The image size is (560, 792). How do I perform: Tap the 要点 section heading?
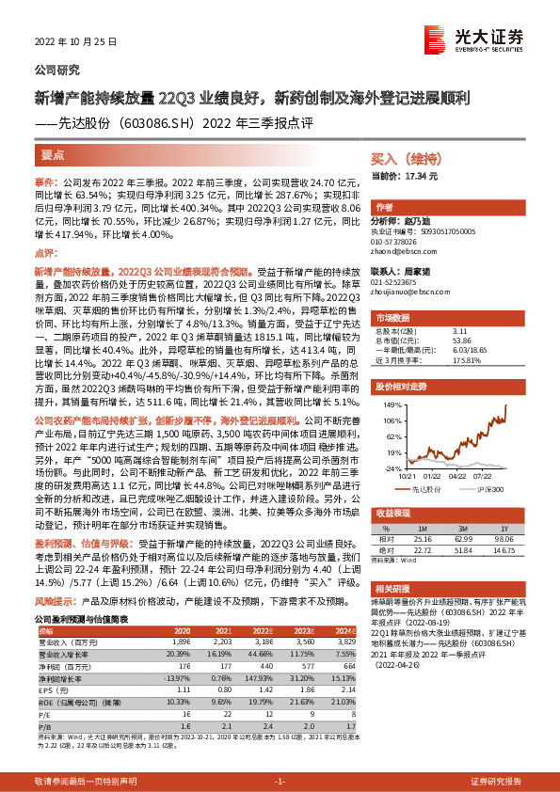pyautogui.click(x=53, y=153)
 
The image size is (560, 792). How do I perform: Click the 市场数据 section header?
pyautogui.click(x=392, y=318)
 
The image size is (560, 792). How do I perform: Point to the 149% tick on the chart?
pyautogui.click(x=390, y=404)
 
